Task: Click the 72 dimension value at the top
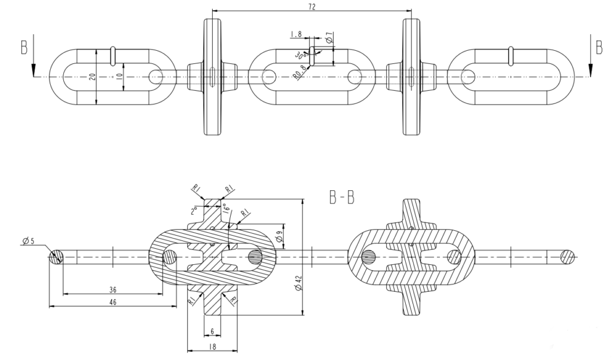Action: pos(312,6)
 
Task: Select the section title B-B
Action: pos(342,198)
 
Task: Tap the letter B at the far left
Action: pos(24,47)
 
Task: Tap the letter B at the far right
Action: pos(599,47)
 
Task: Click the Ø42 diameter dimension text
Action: pos(299,283)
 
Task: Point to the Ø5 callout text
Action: pos(29,241)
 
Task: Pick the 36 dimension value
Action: pos(113,289)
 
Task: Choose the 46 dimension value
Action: pos(113,302)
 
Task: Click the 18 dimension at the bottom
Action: pos(212,346)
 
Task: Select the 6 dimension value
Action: pos(212,331)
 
